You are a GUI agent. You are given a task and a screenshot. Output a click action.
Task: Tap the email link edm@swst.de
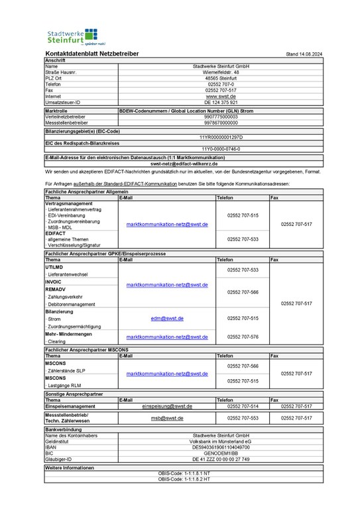[x=167, y=318]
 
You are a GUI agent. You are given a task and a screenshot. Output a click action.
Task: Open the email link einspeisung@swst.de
[x=167, y=406]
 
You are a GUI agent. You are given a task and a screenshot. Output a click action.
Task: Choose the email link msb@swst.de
[x=167, y=418]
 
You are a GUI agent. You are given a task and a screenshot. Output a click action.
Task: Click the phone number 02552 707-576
[x=243, y=337]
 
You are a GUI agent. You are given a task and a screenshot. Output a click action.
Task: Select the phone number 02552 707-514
[x=243, y=406]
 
